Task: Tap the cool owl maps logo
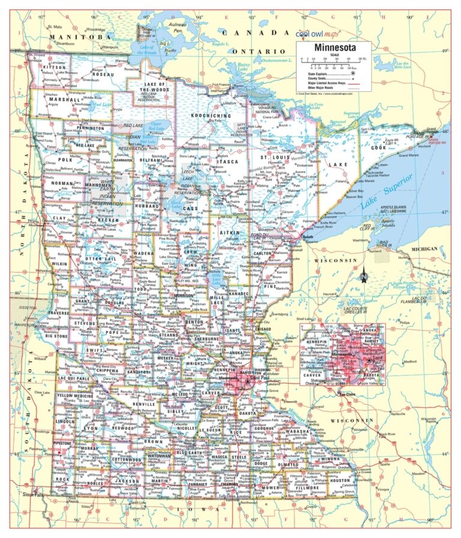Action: coord(324,34)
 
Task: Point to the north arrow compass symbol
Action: coord(364,276)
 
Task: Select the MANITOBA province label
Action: coord(72,37)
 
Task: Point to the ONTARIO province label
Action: coord(260,52)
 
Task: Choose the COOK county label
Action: coord(379,148)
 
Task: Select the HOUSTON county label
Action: coord(339,480)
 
